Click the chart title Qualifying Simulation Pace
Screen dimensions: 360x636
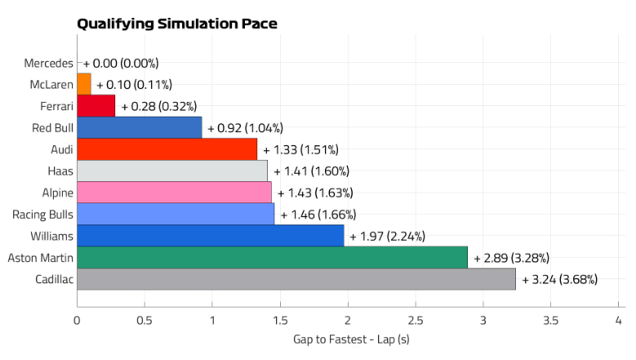tap(177, 24)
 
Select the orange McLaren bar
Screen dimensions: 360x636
tap(84, 84)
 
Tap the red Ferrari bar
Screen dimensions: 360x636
tap(96, 106)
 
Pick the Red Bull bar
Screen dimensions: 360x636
tap(140, 127)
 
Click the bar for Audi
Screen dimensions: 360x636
tap(167, 149)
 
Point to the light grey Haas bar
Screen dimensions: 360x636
tap(172, 171)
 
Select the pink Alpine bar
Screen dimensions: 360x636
tap(174, 193)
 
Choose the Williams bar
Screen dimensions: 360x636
tap(211, 236)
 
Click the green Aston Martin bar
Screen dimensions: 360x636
tap(273, 257)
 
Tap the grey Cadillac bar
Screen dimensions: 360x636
tap(296, 279)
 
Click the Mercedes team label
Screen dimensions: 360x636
tap(48, 63)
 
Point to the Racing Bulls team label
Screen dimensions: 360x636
tap(42, 215)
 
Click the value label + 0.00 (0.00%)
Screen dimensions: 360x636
tap(121, 63)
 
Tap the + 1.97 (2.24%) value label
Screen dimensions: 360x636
tap(388, 236)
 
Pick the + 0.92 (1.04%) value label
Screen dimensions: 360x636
tap(246, 127)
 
